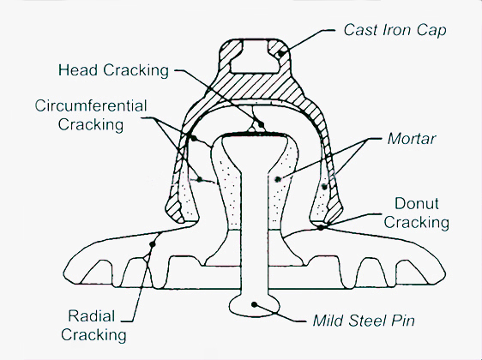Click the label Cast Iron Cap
click(x=395, y=31)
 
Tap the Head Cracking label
click(x=113, y=70)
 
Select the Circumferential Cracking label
click(x=91, y=115)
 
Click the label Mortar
click(x=412, y=139)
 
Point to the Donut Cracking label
click(x=417, y=213)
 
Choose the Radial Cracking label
click(x=93, y=326)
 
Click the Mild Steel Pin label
click(x=364, y=321)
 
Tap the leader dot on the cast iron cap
click(x=280, y=54)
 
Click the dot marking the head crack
click(x=261, y=124)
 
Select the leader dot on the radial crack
click(x=152, y=244)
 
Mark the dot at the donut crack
click(x=321, y=228)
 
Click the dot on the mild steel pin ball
click(x=254, y=304)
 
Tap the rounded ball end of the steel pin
click(x=255, y=306)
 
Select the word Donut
click(x=417, y=204)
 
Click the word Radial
click(x=92, y=316)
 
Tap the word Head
click(x=78, y=70)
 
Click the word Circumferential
click(x=91, y=106)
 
